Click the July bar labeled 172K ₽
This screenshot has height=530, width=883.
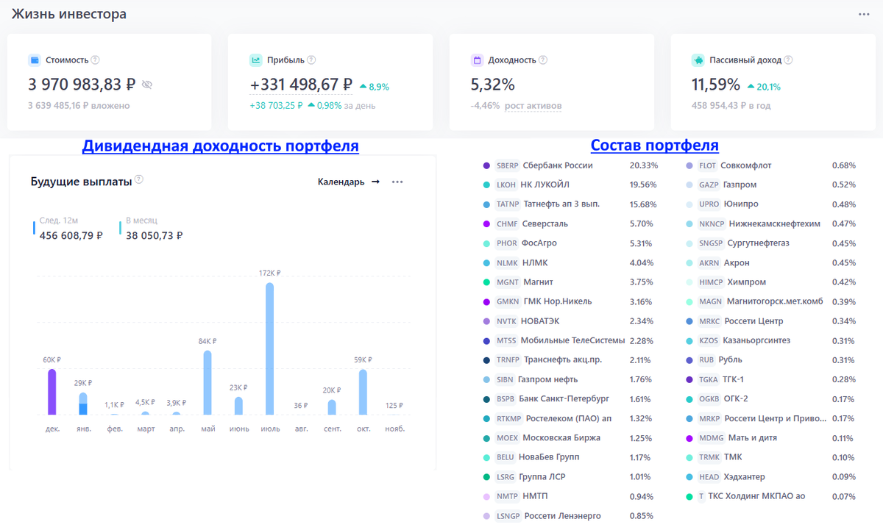click(269, 348)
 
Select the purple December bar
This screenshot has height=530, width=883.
click(52, 392)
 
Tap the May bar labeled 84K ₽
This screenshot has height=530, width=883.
click(208, 382)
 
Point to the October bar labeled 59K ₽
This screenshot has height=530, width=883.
click(363, 392)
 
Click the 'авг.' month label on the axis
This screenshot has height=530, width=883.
click(301, 429)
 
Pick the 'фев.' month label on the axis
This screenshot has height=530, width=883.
click(115, 429)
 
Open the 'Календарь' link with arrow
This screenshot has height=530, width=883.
click(349, 182)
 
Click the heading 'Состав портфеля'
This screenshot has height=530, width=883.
click(654, 146)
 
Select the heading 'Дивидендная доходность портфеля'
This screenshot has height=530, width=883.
click(220, 146)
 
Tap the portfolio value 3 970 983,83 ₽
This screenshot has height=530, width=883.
click(82, 85)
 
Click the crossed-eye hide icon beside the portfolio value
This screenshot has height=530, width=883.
click(147, 85)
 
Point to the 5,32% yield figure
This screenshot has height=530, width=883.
click(493, 85)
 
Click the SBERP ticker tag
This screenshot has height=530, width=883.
click(507, 165)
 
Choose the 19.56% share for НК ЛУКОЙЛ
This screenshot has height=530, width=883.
click(643, 185)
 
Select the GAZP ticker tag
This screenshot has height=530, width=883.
click(709, 185)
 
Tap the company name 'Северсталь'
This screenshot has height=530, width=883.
click(545, 223)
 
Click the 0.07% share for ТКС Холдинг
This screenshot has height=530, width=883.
click(843, 496)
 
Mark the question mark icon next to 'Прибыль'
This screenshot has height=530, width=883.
click(311, 60)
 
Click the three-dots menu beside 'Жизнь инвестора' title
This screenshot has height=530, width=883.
click(864, 14)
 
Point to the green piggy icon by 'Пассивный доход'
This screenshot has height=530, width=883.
click(698, 60)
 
